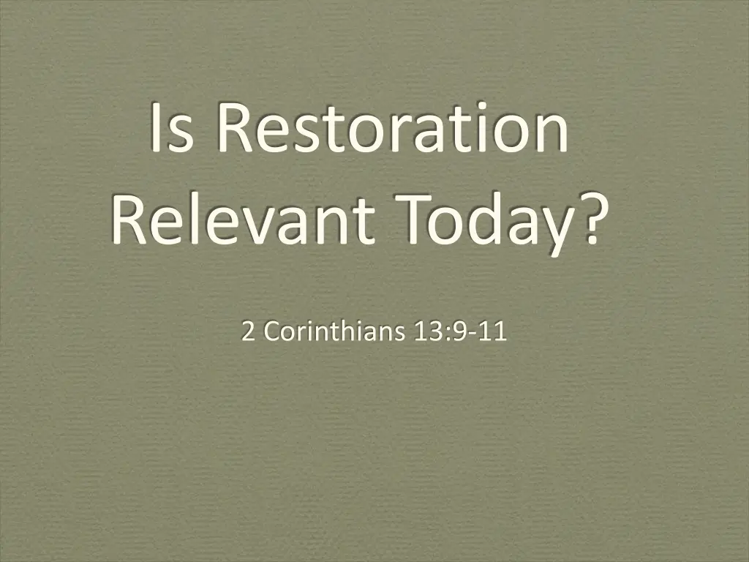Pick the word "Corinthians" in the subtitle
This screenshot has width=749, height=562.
click(x=334, y=332)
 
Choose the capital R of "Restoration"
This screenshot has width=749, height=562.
click(x=233, y=128)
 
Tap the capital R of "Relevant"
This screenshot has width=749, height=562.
click(x=129, y=220)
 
